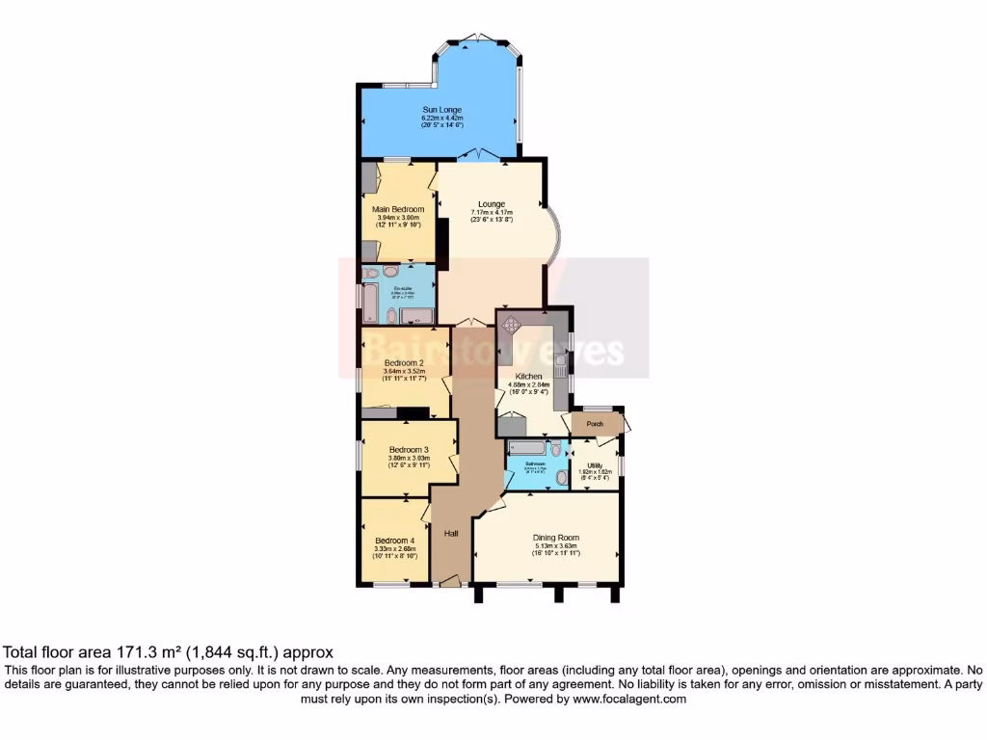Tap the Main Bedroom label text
tap(398, 208)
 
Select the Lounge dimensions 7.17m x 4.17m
tap(492, 212)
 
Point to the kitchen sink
tap(560, 361)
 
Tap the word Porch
tap(595, 422)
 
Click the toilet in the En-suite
tap(371, 273)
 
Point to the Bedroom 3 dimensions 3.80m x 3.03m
tap(409, 458)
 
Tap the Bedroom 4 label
tap(394, 540)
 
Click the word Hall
tap(451, 533)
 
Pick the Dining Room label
tap(556, 538)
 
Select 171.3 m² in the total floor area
tap(118, 652)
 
